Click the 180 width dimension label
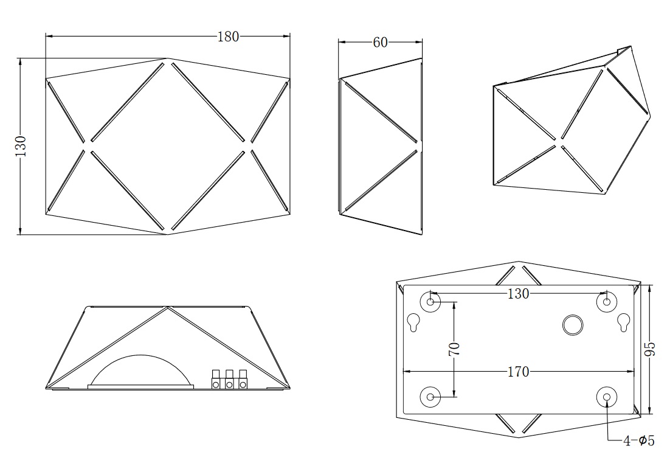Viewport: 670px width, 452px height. click(228, 37)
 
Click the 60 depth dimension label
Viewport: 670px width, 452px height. click(380, 43)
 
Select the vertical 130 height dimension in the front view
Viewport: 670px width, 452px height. click(21, 146)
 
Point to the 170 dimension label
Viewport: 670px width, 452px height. click(519, 372)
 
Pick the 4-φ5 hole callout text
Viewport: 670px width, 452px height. click(639, 440)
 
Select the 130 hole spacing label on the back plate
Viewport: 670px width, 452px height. click(519, 294)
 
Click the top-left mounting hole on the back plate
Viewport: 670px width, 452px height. click(430, 302)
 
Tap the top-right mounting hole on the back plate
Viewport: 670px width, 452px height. click(607, 302)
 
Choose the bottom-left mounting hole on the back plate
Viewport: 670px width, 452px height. click(430, 397)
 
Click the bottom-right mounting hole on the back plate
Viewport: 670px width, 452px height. click(607, 397)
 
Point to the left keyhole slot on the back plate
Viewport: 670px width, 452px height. click(414, 322)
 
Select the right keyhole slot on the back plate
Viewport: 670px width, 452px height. click(623, 322)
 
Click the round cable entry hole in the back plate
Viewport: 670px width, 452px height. click(573, 325)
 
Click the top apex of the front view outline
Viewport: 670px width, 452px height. click(167, 58)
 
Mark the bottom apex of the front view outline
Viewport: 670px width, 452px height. click(167, 234)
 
